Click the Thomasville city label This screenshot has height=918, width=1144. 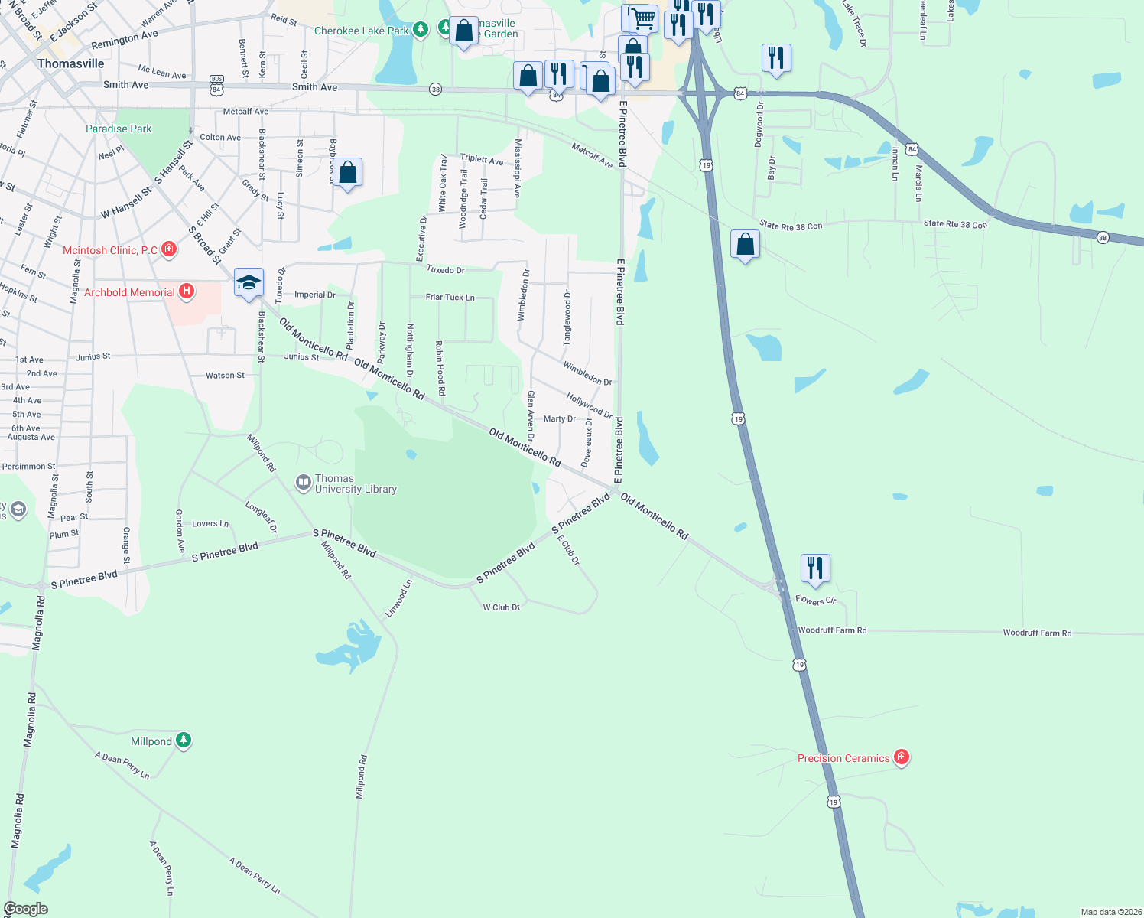[71, 63]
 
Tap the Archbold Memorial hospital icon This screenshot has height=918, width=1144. [186, 291]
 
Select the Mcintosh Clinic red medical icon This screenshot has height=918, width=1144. [169, 249]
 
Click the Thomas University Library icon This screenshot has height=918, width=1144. [304, 483]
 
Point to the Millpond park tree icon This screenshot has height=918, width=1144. [183, 741]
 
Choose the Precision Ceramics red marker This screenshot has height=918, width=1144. [902, 757]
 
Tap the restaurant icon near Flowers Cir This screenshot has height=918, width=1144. [815, 568]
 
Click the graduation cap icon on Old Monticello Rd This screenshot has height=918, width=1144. [249, 282]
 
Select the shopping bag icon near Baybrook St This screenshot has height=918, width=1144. [347, 173]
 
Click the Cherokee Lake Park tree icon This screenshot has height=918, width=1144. [420, 30]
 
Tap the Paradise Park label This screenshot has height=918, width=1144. [119, 129]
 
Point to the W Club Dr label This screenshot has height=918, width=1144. [502, 607]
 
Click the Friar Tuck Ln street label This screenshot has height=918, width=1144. [450, 297]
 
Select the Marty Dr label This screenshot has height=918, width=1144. [559, 419]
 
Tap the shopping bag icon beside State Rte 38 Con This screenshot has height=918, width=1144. [745, 245]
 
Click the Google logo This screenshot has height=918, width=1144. [25, 909]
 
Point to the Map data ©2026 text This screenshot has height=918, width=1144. [1110, 912]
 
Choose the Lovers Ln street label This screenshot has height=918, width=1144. [210, 524]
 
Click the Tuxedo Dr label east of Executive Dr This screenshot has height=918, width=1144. [445, 270]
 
